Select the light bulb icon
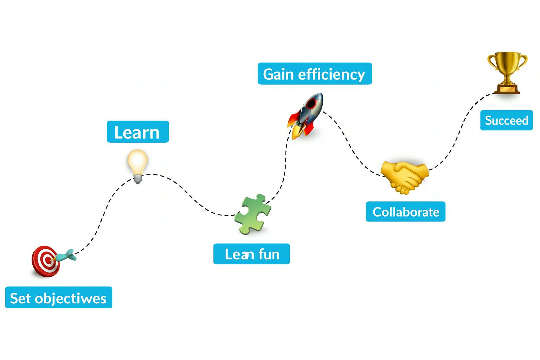[137, 165]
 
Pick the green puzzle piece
[253, 213]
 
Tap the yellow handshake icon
[405, 176]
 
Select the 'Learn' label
[138, 132]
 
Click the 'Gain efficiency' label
[315, 74]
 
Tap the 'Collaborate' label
[406, 212]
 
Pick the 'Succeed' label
[507, 120]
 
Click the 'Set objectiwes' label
[59, 298]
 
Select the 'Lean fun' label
[252, 254]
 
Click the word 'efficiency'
[332, 74]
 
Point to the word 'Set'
[20, 298]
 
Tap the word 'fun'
[269, 254]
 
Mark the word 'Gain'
[278, 74]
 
